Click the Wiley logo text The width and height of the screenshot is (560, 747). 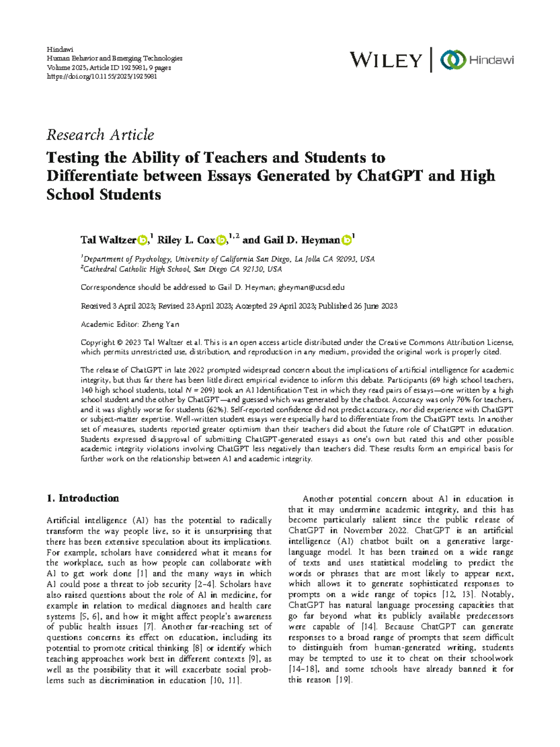(385, 60)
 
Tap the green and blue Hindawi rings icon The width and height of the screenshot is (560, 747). (453, 60)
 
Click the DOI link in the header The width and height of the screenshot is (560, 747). (102, 77)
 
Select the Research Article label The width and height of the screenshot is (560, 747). (100, 135)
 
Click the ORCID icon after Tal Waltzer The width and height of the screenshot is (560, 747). (142, 240)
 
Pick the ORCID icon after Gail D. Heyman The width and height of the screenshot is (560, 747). (346, 240)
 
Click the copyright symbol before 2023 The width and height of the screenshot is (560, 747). (119, 342)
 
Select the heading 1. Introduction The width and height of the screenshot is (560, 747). (83, 498)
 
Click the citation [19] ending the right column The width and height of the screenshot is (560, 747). (344, 680)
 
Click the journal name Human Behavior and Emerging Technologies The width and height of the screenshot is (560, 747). (114, 58)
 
